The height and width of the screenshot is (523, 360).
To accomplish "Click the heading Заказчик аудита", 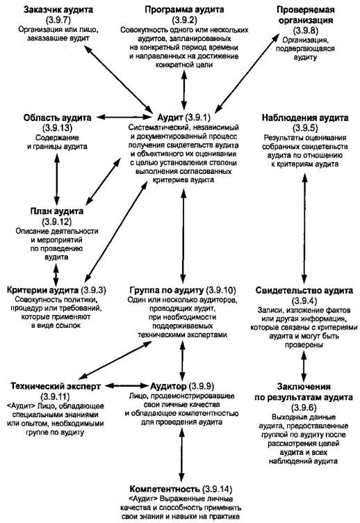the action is coord(58,10).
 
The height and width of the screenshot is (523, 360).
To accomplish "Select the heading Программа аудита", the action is coord(184,10).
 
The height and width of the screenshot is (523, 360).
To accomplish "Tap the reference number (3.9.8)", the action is coord(306,31).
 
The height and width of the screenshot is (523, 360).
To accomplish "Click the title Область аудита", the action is coord(57,118).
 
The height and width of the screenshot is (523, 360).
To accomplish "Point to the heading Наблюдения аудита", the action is coord(305,118).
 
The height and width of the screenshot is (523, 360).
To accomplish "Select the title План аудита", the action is coord(57,211).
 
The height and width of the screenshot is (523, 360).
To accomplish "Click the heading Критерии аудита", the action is coord(42,290).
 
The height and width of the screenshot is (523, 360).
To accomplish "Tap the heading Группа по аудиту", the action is coord(166,290).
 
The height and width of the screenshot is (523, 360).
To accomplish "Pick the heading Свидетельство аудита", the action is coord(304,290).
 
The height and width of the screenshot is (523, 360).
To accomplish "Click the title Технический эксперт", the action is coord(56,386).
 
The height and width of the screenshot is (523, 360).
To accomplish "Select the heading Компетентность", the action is coord(164,489).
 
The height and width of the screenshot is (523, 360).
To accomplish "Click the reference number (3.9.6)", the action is coord(304,408).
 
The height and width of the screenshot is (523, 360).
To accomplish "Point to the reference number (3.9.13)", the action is coord(57,128).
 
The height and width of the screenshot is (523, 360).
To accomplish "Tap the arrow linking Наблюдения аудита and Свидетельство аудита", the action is coord(304,229).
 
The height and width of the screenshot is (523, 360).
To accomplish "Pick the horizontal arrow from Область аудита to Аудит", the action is coord(123,117).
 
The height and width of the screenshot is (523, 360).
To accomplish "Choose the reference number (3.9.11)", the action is coord(55,396).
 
